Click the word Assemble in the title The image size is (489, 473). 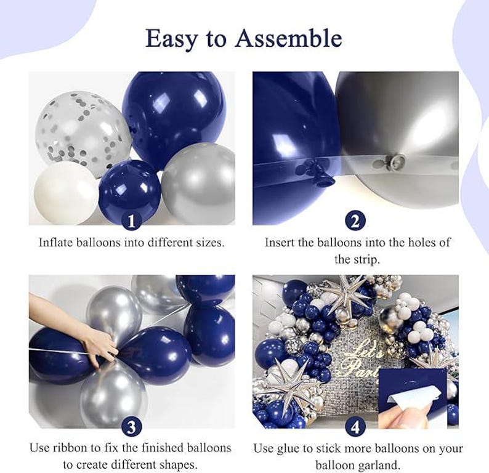coord(288,39)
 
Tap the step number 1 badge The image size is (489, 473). coord(132,220)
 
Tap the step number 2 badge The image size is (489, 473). coord(355,220)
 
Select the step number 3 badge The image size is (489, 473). coord(132,426)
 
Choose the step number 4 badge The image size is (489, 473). coord(355,426)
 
